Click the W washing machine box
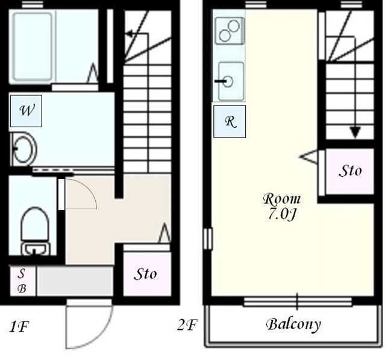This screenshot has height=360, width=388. click(x=26, y=111)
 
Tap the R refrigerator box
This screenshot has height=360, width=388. click(x=230, y=121)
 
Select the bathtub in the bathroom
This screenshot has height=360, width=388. click(x=33, y=47)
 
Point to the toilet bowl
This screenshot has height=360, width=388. click(x=35, y=230)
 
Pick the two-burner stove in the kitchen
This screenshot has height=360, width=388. click(x=230, y=31)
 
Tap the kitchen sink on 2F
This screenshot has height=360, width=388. click(x=231, y=81)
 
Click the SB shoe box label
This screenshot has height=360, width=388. click(x=22, y=281)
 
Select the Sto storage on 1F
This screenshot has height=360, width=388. click(x=147, y=274)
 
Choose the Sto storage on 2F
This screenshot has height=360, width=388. click(x=349, y=171)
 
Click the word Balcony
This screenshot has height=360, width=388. click(x=293, y=324)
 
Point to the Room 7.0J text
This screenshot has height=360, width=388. click(x=281, y=206)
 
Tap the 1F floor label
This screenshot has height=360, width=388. click(x=19, y=327)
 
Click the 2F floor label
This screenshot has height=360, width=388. click(x=187, y=325)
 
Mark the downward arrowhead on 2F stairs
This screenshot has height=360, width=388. click(x=355, y=133)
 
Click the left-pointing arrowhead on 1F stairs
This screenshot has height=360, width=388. click(x=129, y=34)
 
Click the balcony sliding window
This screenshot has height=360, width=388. click(x=297, y=302)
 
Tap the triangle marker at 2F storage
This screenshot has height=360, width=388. click(x=308, y=157)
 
